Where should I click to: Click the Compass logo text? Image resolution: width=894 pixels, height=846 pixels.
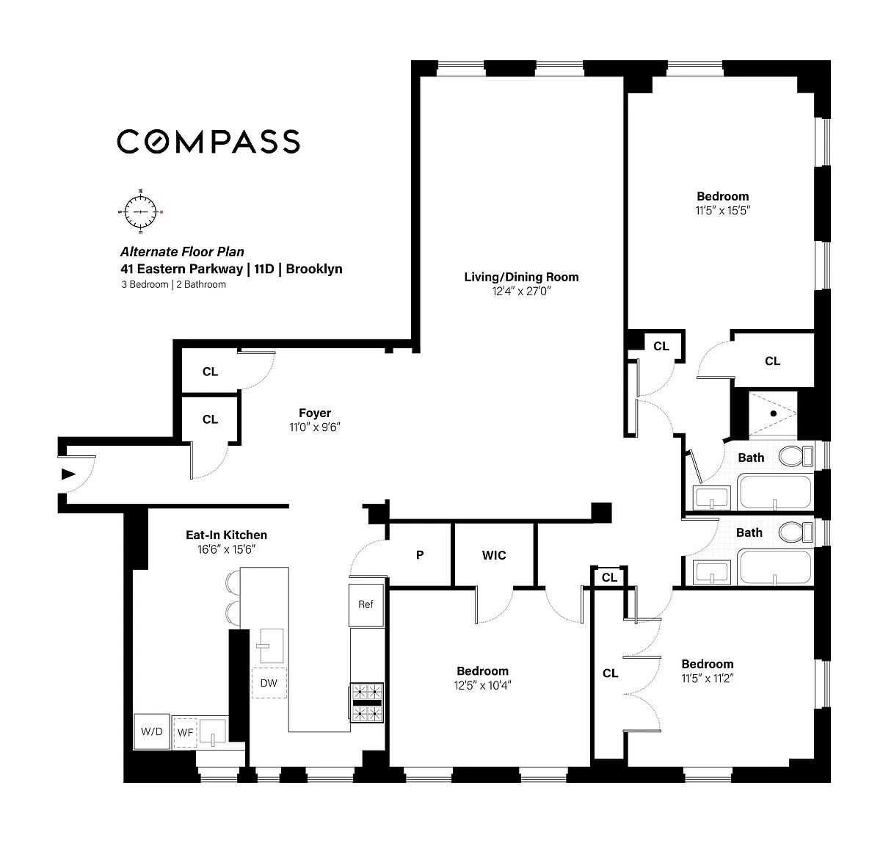[x=208, y=141]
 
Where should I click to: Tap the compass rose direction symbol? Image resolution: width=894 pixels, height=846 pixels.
[x=140, y=211]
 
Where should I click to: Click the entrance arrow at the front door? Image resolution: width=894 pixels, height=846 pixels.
[x=68, y=474]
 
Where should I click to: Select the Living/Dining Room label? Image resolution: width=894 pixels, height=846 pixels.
[x=521, y=277]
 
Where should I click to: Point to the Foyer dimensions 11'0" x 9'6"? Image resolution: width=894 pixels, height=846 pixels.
[x=315, y=427]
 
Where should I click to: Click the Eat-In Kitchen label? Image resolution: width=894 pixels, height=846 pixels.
[x=227, y=535]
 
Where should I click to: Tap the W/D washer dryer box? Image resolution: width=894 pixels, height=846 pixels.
[x=151, y=731]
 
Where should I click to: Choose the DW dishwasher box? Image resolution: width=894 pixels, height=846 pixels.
[x=269, y=683]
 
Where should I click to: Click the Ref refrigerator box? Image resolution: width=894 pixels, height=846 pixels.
[x=366, y=605]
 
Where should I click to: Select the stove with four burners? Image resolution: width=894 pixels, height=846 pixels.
[x=366, y=703]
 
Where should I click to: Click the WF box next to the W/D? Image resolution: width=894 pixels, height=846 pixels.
[x=185, y=732]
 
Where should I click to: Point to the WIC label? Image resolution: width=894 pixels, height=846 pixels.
[x=494, y=554]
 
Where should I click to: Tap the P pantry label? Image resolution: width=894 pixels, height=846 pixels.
[x=420, y=554]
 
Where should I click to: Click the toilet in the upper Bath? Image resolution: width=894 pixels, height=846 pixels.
[x=796, y=456]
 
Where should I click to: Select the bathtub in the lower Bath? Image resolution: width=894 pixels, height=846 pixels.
[x=775, y=567]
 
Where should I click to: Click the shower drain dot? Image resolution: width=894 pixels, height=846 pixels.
[x=774, y=413]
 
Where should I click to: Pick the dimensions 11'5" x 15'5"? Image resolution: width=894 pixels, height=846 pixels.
[x=722, y=210]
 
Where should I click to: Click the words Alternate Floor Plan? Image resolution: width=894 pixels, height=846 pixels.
[x=182, y=252]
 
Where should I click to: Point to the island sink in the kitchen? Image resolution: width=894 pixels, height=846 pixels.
[x=272, y=646]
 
